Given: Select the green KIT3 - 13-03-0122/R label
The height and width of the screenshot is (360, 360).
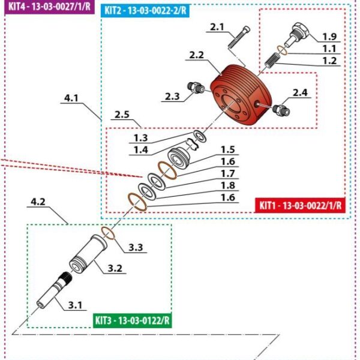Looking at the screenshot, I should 133,320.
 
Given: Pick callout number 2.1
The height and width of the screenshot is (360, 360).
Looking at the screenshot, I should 216,27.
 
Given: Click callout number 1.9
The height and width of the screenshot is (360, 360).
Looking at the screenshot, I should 330,37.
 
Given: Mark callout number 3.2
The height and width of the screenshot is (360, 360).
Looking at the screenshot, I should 115,268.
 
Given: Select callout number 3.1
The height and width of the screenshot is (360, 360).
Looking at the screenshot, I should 75,305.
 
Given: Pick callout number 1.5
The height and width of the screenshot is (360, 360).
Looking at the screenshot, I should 227,149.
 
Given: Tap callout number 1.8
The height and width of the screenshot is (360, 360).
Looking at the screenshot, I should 227,185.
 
